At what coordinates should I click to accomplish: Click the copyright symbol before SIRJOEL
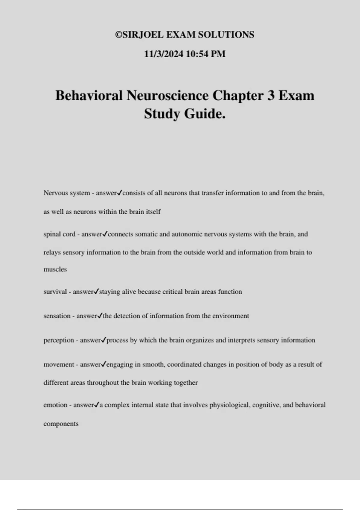(118, 35)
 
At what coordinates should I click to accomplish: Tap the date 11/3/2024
(163, 54)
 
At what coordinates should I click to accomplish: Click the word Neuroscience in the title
(167, 96)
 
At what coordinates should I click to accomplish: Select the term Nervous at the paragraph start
(54, 193)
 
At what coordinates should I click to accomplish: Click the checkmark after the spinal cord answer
(105, 234)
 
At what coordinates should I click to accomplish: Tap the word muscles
(55, 269)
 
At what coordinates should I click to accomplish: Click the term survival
(55, 292)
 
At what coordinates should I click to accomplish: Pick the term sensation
(57, 316)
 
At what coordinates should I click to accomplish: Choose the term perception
(59, 340)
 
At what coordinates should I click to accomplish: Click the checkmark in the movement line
(103, 364)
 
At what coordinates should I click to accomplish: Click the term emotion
(55, 405)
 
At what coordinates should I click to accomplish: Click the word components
(61, 424)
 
